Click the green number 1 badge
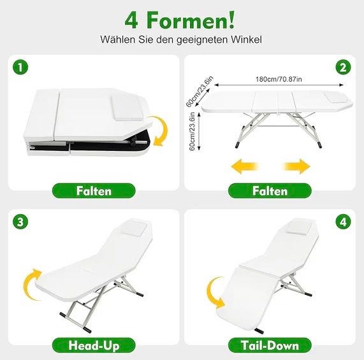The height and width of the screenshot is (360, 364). (x=20, y=68)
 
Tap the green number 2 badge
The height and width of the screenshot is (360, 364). (x=344, y=68)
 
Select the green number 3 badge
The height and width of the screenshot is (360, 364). (x=20, y=221)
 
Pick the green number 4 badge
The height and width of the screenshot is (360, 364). (x=344, y=221)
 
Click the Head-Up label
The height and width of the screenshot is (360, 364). (x=94, y=345)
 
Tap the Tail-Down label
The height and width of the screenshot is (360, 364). (x=270, y=345)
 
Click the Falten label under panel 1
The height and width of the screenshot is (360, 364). (x=94, y=191)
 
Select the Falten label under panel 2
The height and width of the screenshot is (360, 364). (x=270, y=191)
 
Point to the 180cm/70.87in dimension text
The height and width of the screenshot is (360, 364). (x=279, y=79)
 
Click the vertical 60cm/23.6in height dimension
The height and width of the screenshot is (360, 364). (x=193, y=131)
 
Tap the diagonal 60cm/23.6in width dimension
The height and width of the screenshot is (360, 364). (x=200, y=92)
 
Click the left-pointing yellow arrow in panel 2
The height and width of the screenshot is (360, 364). (x=244, y=166)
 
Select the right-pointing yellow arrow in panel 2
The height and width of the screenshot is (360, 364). (x=297, y=166)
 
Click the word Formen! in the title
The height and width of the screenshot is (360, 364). (x=191, y=21)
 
